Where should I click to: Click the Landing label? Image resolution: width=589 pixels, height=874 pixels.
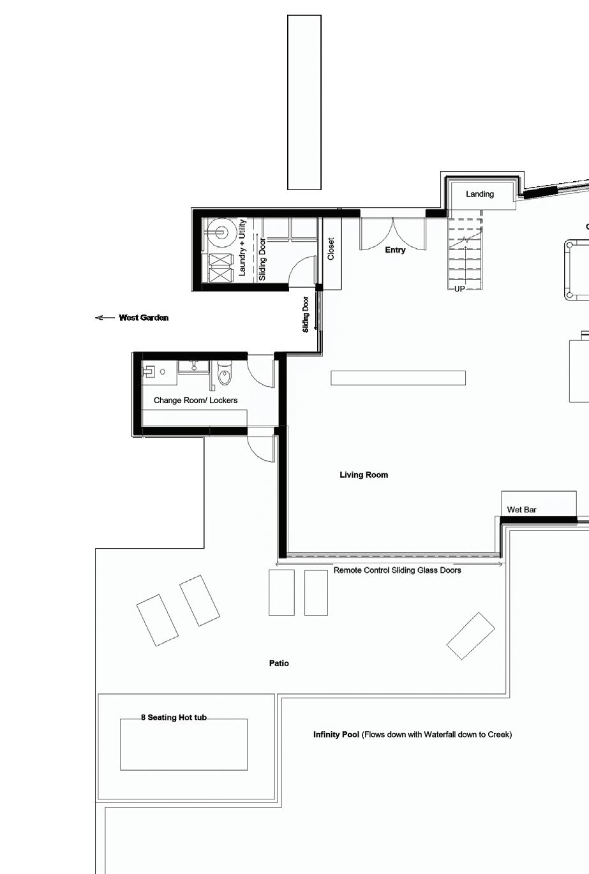click(480, 195)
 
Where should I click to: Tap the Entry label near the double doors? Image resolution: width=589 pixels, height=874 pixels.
click(395, 250)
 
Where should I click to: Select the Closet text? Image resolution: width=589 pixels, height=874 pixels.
click(331, 249)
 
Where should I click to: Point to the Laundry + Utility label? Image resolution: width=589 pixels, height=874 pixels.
click(242, 248)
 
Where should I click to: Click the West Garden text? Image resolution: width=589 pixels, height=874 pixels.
click(144, 318)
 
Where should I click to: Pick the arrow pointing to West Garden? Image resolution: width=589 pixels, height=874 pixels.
click(105, 318)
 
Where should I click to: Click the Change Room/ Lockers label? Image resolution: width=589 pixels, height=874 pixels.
click(195, 401)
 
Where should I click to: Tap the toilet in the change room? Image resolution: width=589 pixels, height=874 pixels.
click(225, 373)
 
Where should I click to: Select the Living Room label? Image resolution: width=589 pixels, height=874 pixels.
click(364, 475)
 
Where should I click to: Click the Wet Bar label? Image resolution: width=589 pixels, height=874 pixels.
click(521, 510)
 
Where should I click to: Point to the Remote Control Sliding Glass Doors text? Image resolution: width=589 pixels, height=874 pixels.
click(398, 570)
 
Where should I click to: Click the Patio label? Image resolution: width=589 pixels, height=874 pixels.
click(279, 663)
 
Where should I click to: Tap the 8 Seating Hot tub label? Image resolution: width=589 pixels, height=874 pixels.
click(174, 718)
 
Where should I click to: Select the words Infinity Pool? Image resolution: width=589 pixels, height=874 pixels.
click(336, 735)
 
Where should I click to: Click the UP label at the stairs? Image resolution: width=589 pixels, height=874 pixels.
click(459, 289)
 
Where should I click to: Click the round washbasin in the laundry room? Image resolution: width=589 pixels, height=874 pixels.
click(222, 233)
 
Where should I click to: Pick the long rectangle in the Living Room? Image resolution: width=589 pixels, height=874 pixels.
click(398, 378)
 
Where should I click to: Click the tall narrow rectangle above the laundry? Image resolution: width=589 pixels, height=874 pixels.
click(304, 103)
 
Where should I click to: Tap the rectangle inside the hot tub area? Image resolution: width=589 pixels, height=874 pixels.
click(183, 744)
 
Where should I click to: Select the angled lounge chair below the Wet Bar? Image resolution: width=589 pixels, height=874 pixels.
click(471, 636)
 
